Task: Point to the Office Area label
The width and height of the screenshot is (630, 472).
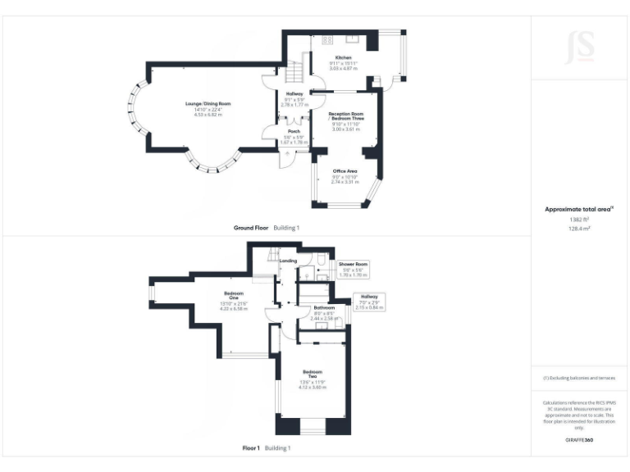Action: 345,170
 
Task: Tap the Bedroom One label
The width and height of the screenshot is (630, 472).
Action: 234,295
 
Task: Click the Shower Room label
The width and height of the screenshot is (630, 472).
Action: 354,264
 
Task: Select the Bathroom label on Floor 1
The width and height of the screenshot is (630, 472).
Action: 324,308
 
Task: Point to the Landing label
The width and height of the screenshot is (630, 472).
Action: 288,261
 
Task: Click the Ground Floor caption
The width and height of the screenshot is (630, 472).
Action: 251,227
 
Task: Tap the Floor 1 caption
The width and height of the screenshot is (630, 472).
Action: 251,448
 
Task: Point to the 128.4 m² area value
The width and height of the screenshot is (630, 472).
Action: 579,229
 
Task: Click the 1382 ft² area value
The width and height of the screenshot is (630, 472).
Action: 579,220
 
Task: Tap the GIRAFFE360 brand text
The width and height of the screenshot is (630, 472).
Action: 579,440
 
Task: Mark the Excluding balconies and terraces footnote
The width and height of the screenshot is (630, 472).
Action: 579,378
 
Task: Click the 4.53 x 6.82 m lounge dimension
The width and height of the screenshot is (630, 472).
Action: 208,115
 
